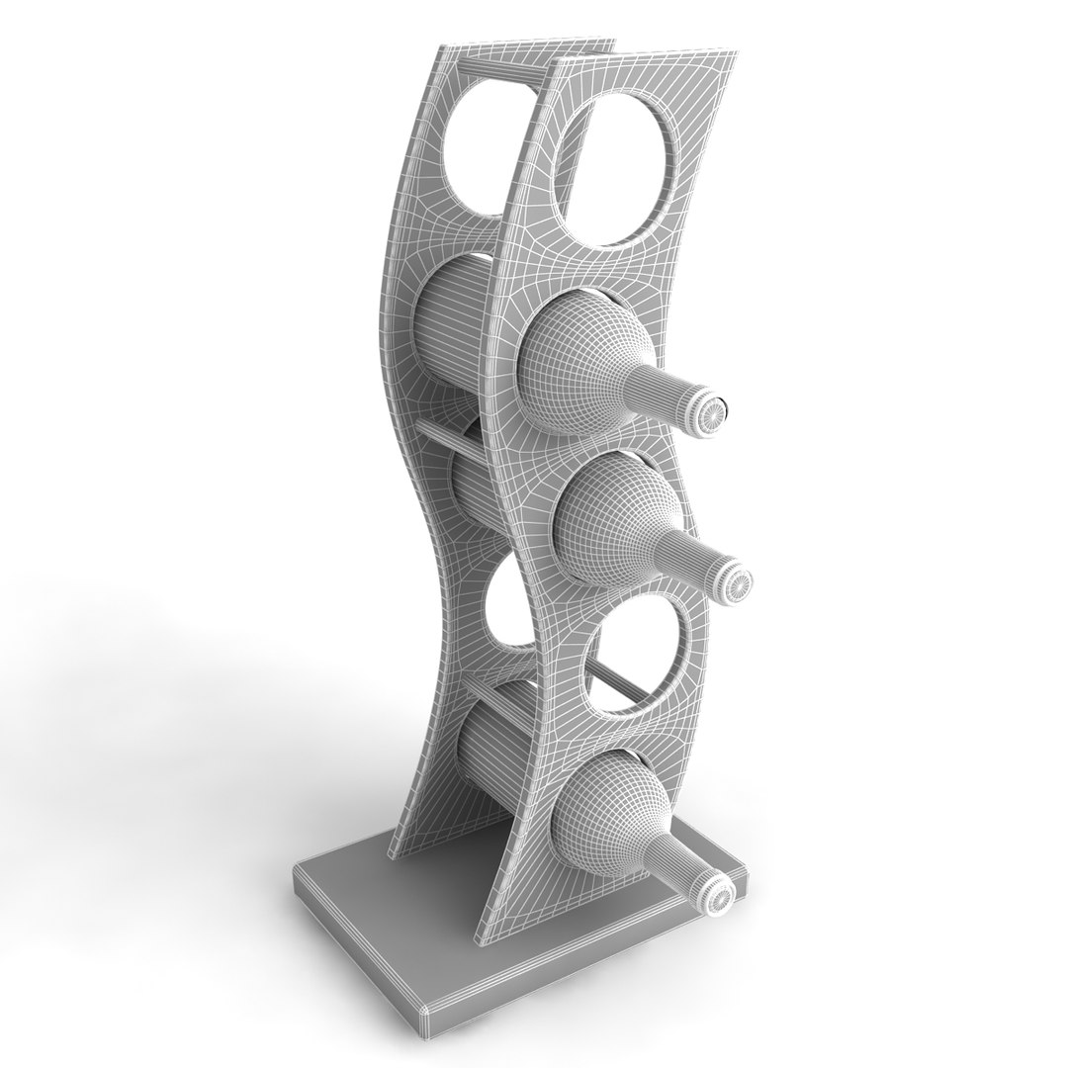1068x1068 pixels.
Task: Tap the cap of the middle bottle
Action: click(735, 583)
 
